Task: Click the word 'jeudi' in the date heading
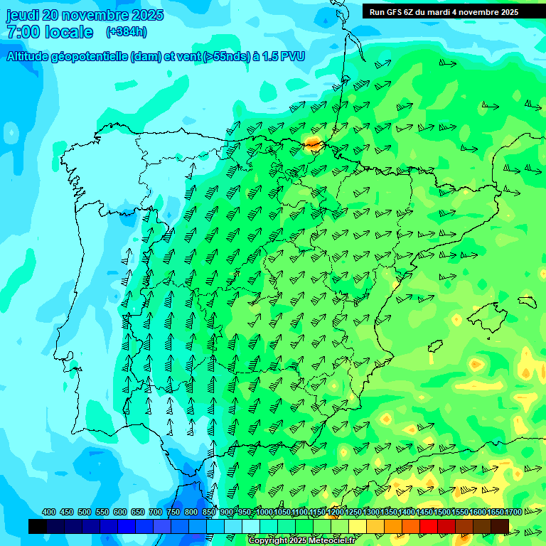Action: pos(22,15)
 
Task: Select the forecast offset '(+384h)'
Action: pos(127,31)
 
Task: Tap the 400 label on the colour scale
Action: pos(49,512)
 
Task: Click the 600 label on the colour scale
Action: pos(120,512)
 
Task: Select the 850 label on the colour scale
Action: pos(209,512)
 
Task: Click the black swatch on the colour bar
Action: pos(38,526)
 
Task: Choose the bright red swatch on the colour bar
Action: pos(429,526)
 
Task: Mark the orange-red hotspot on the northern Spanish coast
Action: pos(312,143)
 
